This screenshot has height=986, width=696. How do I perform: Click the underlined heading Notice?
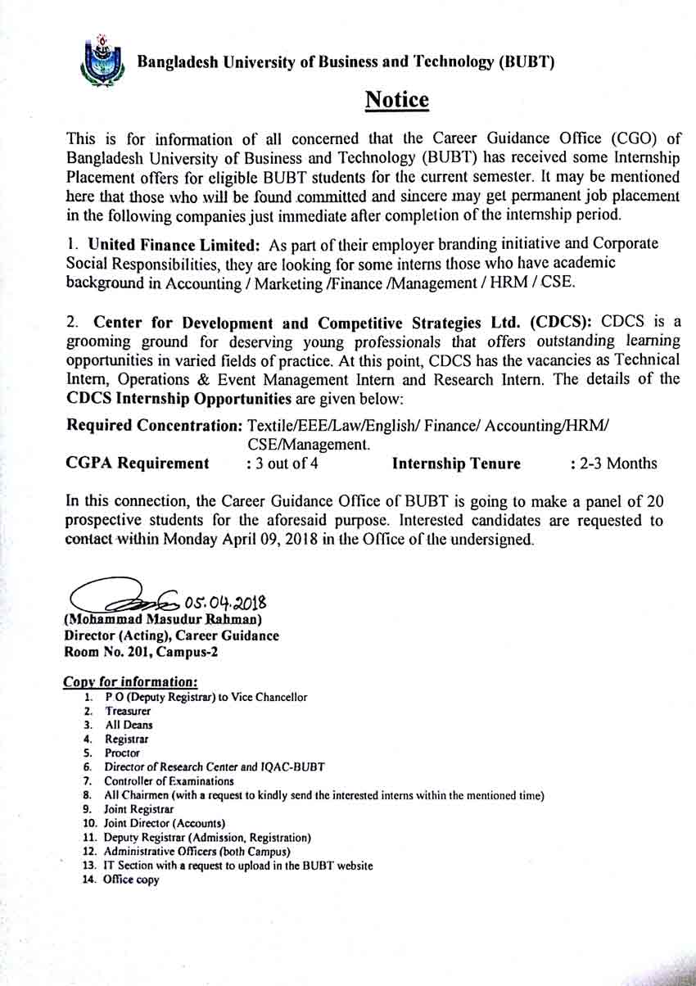point(396,100)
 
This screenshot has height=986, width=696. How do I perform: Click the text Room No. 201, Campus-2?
point(141,652)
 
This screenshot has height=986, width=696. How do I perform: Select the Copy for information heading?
point(130,681)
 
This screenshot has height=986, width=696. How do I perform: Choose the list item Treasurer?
point(128,711)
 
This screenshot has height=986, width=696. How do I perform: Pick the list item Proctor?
point(122,753)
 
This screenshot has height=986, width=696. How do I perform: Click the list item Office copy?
point(131,880)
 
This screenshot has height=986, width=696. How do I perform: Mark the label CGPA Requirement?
point(137,464)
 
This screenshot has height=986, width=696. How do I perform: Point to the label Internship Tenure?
point(456,464)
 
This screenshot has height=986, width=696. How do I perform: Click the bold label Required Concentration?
point(153,426)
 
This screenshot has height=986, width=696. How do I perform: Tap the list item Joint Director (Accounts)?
point(164,822)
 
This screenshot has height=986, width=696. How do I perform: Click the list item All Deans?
point(129,725)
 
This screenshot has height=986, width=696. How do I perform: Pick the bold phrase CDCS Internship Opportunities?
point(179,399)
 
